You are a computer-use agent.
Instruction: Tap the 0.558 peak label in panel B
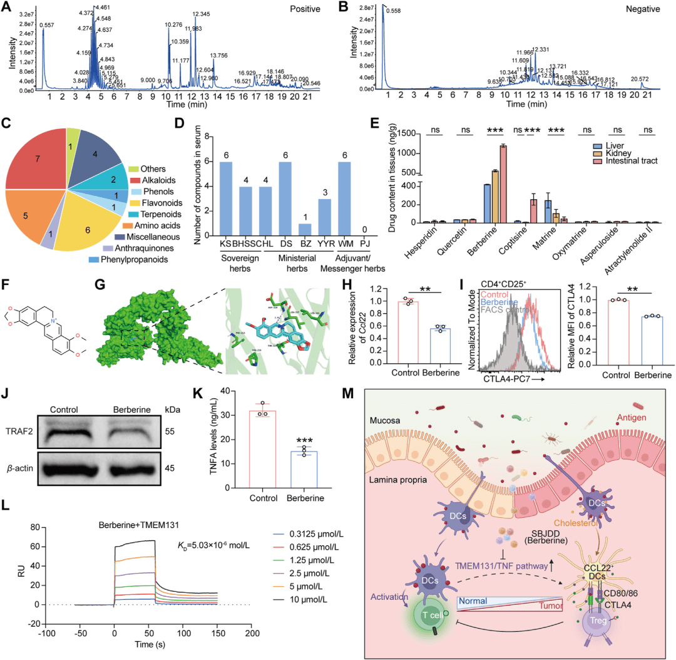coord(394,11)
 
